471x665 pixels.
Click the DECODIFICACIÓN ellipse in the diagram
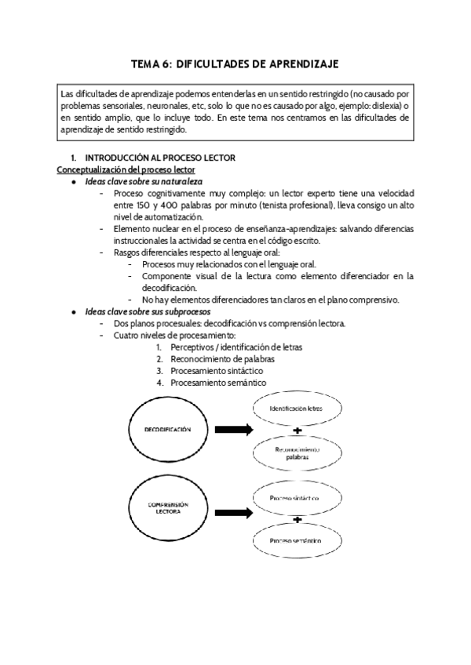(x=168, y=430)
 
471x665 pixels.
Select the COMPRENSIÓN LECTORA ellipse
(x=168, y=509)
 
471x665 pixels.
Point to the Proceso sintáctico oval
(x=294, y=498)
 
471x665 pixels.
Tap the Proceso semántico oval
(x=294, y=540)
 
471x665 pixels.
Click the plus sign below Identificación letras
(x=297, y=431)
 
